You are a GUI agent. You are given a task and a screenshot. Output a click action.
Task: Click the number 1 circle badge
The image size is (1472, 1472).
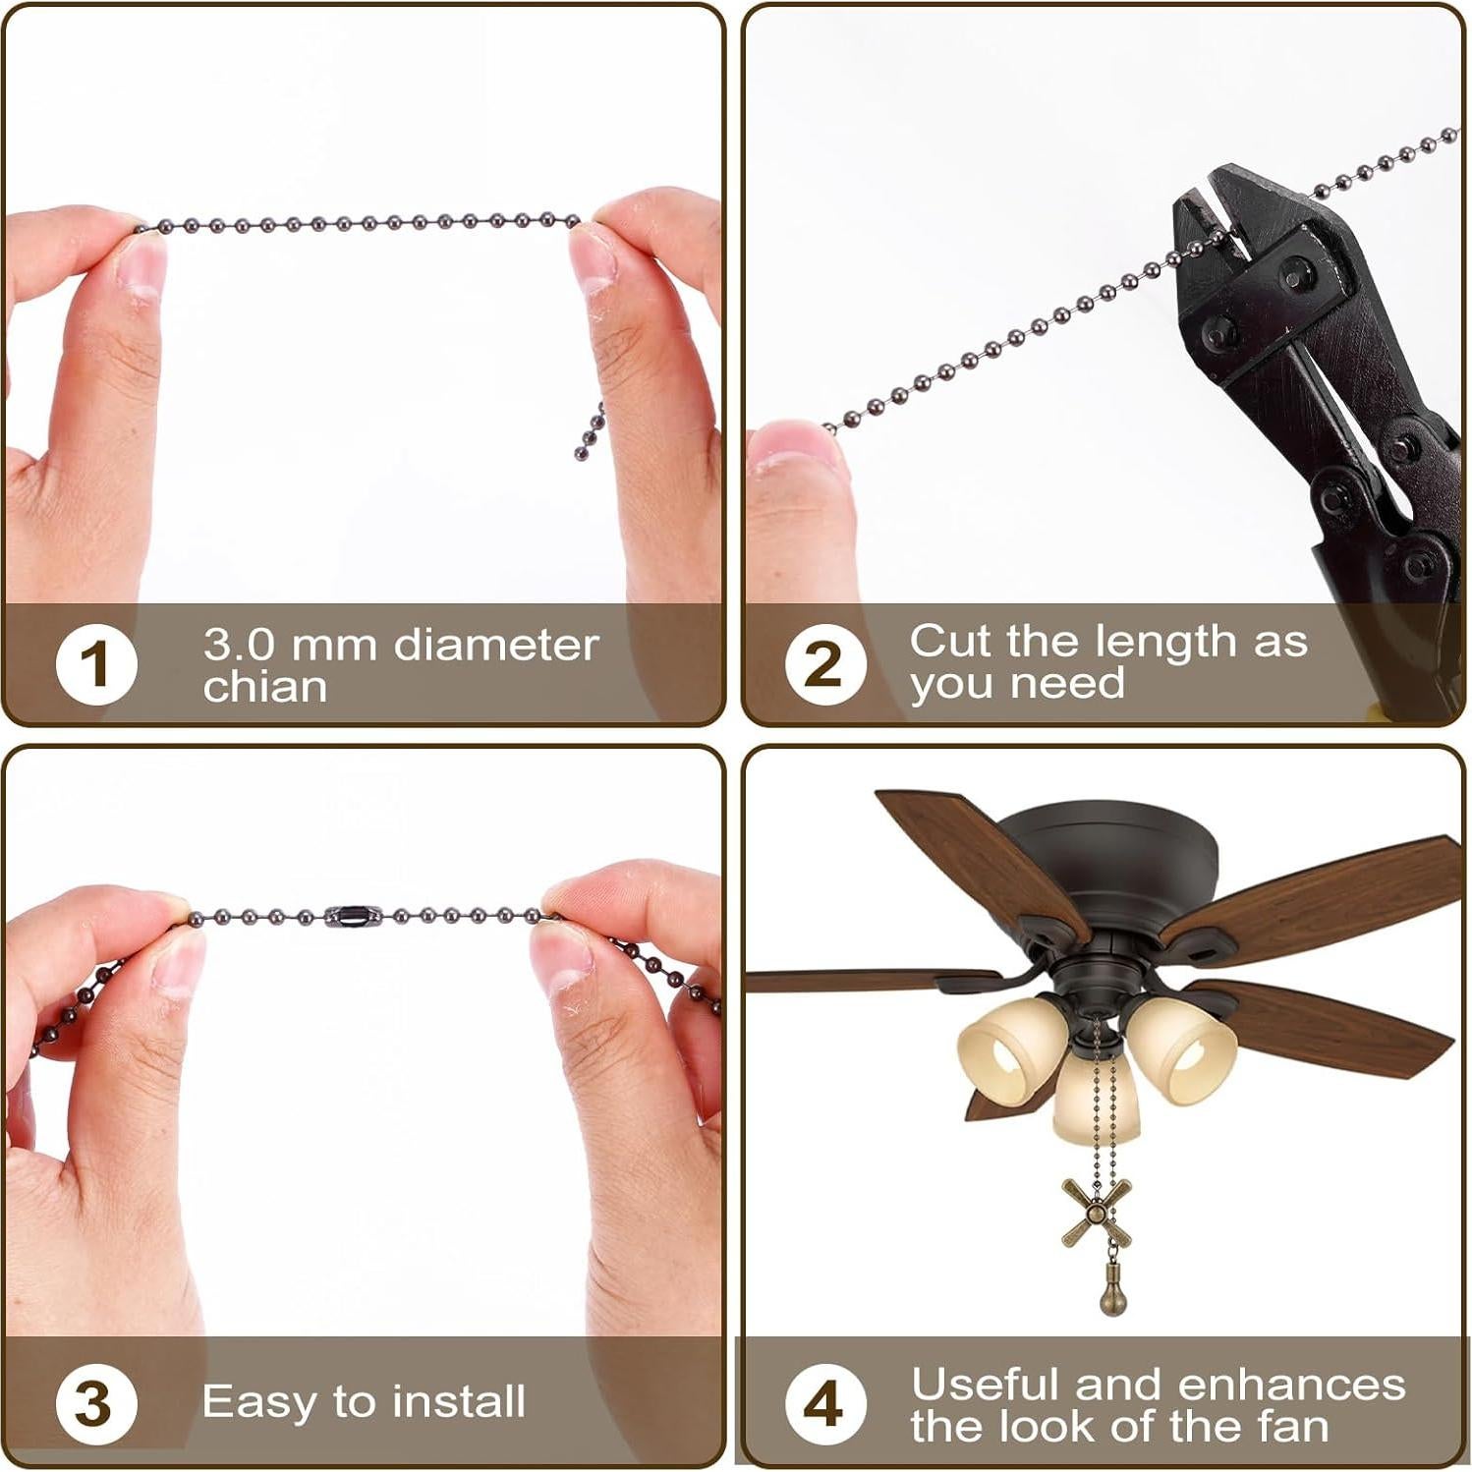click(95, 664)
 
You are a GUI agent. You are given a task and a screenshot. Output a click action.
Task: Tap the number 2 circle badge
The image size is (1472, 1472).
click(824, 664)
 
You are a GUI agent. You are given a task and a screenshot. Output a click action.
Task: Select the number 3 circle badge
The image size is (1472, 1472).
click(95, 1403)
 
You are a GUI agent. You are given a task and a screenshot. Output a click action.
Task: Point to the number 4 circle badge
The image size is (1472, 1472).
click(824, 1403)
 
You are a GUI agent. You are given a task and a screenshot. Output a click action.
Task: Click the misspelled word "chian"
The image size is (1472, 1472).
click(265, 687)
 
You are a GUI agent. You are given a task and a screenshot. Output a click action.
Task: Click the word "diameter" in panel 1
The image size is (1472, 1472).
click(496, 646)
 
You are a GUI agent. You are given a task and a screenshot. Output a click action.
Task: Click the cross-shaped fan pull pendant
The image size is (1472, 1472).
click(1096, 1213)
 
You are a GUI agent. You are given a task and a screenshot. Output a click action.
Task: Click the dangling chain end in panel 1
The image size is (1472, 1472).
click(590, 434)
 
